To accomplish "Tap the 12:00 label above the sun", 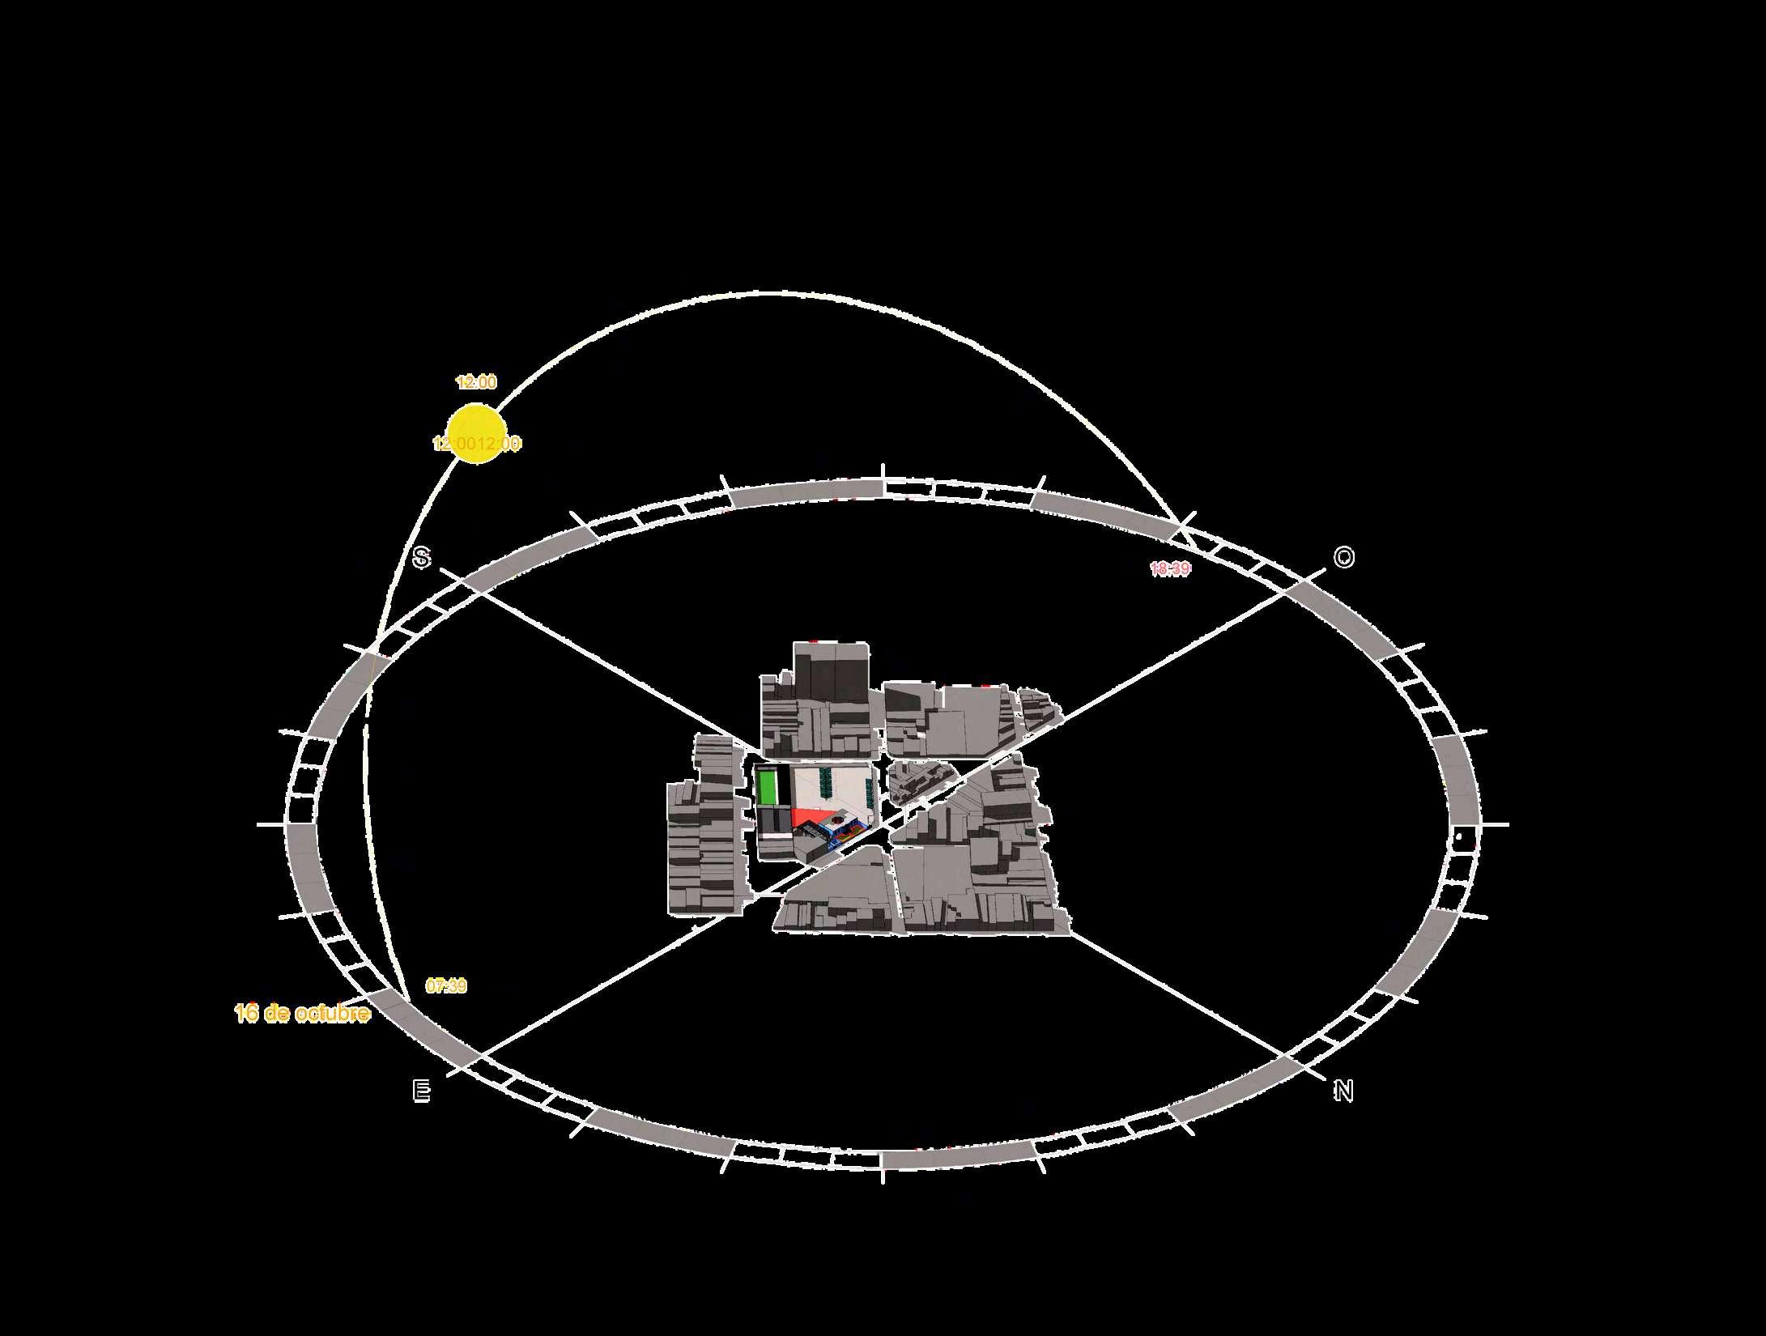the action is coord(476,382).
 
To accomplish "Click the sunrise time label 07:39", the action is coord(446,986).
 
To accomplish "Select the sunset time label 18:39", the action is coord(1170,569).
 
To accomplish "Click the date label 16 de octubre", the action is coord(302,1014).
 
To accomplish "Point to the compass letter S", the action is coord(421,557).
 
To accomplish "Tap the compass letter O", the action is coord(1343,557).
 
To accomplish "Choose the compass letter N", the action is coord(1343,1091).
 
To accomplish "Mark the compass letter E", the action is coord(421,1091).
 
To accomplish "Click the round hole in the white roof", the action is coord(837,820).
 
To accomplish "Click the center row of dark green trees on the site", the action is coord(826,783).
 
